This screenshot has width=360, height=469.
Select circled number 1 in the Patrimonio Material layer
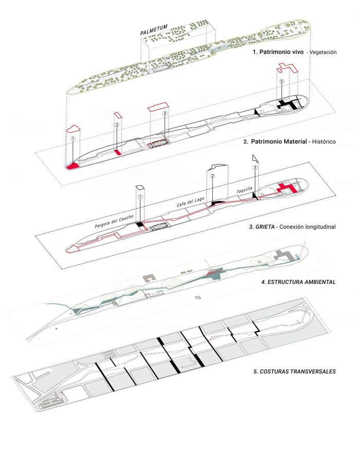click(73, 138)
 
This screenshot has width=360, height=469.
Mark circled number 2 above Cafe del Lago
click(211, 176)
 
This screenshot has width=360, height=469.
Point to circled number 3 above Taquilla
click(255, 168)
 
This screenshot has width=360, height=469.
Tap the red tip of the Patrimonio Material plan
click(72, 165)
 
